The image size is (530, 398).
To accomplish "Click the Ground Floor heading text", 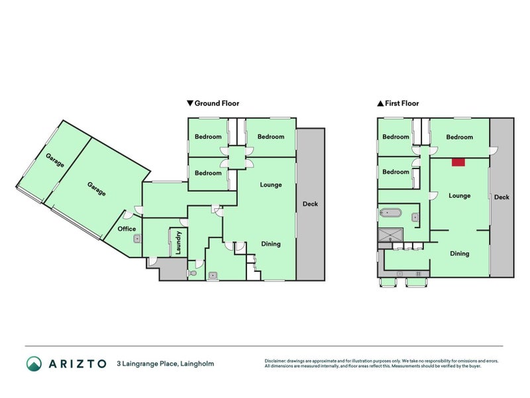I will pyautogui.click(x=217, y=103).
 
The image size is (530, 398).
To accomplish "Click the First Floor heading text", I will pyautogui.click(x=402, y=103).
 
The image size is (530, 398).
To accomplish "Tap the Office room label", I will pyautogui.click(x=127, y=229).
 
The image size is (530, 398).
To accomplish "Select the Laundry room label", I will pyautogui.click(x=178, y=243).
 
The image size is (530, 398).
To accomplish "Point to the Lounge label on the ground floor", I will pyautogui.click(x=270, y=184).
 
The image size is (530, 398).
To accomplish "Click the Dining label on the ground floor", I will pyautogui.click(x=270, y=244).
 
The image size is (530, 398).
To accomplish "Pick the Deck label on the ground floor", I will pyautogui.click(x=310, y=204).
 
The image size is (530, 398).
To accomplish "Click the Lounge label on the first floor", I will pyautogui.click(x=459, y=196).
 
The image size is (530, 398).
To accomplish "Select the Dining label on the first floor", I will pyautogui.click(x=460, y=253).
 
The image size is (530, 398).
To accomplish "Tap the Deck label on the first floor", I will pyautogui.click(x=502, y=197).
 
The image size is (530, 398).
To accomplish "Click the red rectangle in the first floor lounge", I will pyautogui.click(x=458, y=161).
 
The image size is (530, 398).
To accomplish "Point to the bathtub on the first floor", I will pyautogui.click(x=390, y=214).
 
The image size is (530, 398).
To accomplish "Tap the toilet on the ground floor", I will pyautogui.click(x=192, y=273).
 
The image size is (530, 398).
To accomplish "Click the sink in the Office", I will pyautogui.click(x=137, y=239).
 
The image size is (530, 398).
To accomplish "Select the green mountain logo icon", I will pyautogui.click(x=34, y=364).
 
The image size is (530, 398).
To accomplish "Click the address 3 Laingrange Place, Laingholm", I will pyautogui.click(x=165, y=364).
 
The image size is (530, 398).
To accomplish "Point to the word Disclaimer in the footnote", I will pyautogui.click(x=277, y=361).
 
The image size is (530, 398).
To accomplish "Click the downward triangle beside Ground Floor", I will pyautogui.click(x=190, y=103).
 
